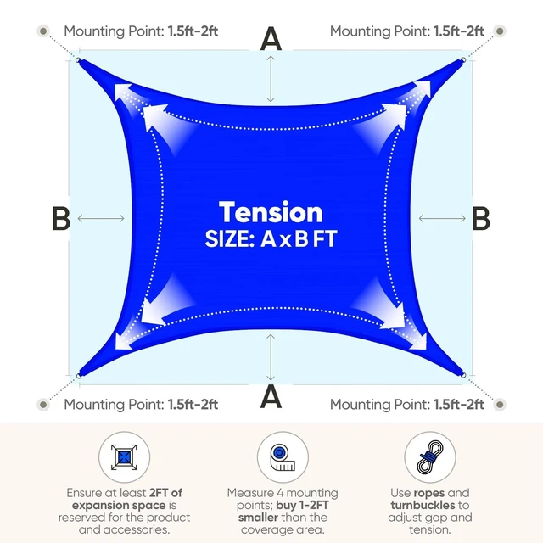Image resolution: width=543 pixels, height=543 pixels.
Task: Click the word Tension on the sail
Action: tap(271, 212)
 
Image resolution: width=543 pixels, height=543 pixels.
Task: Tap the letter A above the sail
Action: tap(271, 39)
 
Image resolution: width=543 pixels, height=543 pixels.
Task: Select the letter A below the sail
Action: tap(271, 397)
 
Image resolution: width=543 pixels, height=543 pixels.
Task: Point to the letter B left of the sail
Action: tap(61, 218)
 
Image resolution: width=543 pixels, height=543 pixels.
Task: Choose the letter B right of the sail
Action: tap(481, 218)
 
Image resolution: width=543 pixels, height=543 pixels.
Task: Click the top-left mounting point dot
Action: tap(43, 31)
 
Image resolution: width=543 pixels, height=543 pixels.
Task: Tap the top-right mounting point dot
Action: tap(500, 31)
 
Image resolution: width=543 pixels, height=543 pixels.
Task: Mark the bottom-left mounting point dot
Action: tap(43, 404)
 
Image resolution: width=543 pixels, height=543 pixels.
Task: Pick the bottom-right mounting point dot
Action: tap(500, 404)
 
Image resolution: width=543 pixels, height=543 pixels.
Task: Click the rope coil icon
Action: tap(430, 457)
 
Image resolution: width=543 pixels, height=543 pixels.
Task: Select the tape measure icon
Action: tap(283, 457)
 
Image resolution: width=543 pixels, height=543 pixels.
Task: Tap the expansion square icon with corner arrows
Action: tap(124, 457)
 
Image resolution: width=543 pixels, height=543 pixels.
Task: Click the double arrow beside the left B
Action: tap(101, 218)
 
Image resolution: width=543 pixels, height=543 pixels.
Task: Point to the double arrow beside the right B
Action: tap(442, 218)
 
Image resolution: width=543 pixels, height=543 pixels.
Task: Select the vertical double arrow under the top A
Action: tap(271, 79)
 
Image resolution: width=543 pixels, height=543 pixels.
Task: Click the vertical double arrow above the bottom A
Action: tap(271, 357)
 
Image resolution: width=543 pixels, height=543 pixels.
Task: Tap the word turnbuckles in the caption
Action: tap(423, 506)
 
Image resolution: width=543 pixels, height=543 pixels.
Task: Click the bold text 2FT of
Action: tap(165, 493)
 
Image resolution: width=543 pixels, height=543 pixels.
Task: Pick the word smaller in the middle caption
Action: tap(258, 518)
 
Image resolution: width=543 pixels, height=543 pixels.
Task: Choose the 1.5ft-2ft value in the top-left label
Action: tap(193, 31)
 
